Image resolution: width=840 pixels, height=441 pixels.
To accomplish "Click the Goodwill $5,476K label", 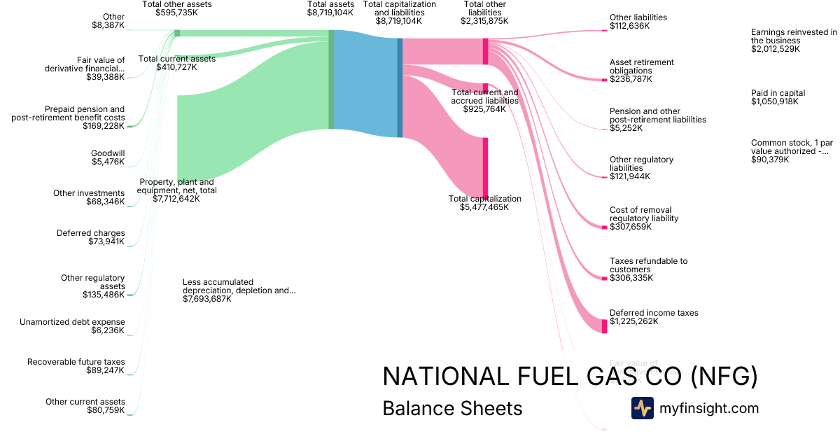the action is coord(108,157).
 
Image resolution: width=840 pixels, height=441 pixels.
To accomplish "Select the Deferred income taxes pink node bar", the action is coord(605,325).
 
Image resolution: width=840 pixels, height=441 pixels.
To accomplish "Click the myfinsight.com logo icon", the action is coord(642,408).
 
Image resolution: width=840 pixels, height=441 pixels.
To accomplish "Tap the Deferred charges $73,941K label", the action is coord(91,237).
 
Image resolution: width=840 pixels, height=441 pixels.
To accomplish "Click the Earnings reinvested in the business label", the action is coord(794,41).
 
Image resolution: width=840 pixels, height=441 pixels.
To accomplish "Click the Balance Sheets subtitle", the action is coord(452,408).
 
